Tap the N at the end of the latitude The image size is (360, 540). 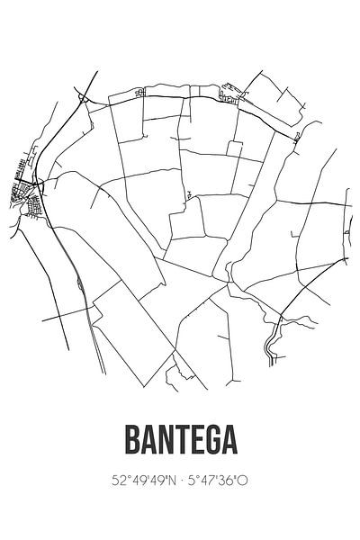(x=170, y=481)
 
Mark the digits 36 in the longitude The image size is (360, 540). (x=228, y=481)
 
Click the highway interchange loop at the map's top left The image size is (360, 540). (x=82, y=98)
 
